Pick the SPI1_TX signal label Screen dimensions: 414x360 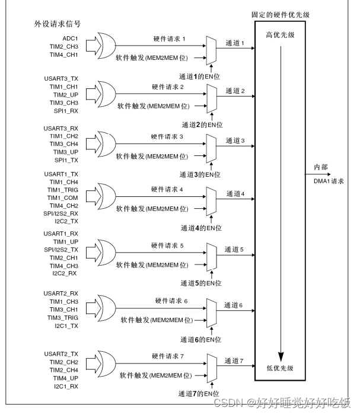pyautogui.click(x=66, y=160)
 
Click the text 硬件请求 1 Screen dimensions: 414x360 pyautogui.click(x=168, y=39)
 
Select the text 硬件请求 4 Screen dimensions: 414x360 pyautogui.click(x=168, y=190)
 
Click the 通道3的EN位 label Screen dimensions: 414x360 pyautogui.click(x=200, y=175)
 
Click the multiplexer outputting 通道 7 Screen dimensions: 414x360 pyautogui.click(x=212, y=368)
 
